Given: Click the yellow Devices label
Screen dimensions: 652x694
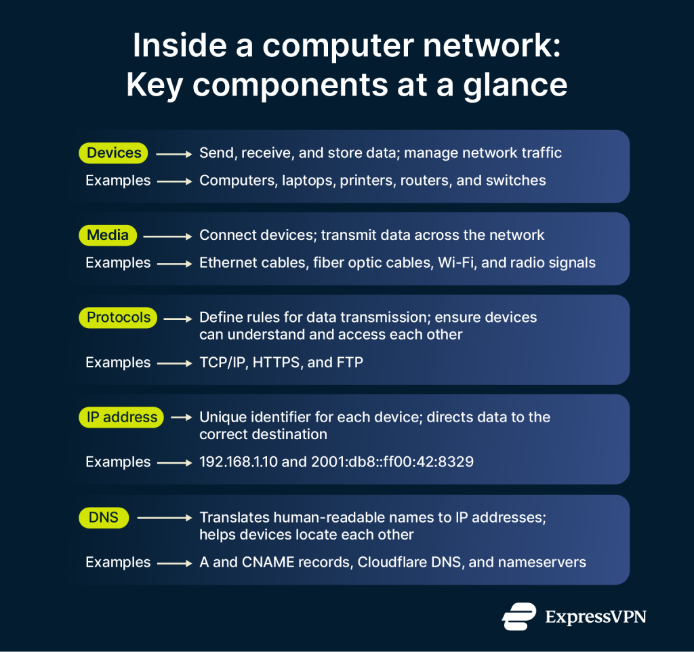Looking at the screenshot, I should click(115, 153).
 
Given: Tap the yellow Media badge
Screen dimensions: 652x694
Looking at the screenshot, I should click(108, 235).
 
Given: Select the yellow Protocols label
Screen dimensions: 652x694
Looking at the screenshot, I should click(119, 317).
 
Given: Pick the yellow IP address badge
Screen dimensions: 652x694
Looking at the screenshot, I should click(122, 417).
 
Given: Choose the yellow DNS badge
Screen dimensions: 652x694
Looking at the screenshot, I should click(104, 518).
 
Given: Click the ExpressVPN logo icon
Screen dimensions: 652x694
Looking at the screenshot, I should click(519, 616).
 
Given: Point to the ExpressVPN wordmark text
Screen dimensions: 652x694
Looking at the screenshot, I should click(596, 617).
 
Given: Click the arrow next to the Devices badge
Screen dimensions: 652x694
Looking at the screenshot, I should click(174, 154).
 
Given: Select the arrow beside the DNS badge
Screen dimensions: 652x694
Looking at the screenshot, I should click(165, 518).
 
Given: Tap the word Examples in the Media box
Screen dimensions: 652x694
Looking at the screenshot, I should click(118, 263).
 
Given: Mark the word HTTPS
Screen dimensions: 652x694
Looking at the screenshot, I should click(277, 363).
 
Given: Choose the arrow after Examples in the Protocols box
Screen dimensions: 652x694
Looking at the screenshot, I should click(174, 363).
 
